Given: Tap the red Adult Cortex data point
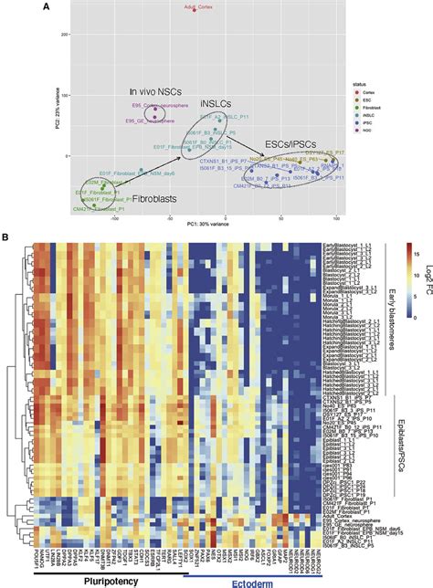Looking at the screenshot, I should pos(195,10).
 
